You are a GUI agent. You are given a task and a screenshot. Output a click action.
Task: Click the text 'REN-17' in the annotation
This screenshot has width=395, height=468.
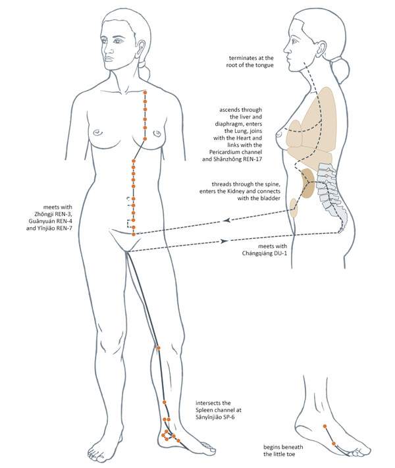tap(253, 159)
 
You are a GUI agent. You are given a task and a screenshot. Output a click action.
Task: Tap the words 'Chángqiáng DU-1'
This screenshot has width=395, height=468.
tap(265, 253)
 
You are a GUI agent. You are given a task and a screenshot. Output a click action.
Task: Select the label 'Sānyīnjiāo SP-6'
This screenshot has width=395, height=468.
tap(215, 417)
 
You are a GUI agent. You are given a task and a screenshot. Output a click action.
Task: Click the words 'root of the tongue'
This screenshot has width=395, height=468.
tap(250, 65)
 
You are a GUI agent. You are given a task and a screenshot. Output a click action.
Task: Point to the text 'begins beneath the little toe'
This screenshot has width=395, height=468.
tap(283, 450)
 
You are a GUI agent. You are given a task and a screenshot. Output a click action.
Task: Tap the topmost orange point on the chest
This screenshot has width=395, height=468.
tap(145, 93)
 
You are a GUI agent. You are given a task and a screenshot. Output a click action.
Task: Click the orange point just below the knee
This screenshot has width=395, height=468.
tap(159, 348)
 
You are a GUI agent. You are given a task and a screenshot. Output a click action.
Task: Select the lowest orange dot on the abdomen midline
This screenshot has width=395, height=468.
tap(134, 234)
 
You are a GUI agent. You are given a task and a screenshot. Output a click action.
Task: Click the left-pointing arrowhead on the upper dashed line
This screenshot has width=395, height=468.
tap(227, 221)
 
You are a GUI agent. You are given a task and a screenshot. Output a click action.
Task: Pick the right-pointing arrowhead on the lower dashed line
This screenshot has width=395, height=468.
tap(224, 241)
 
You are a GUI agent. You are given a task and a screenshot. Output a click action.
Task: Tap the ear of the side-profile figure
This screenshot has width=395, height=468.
tap(321, 49)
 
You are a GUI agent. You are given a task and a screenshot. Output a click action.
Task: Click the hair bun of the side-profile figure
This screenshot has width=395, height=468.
tap(342, 69)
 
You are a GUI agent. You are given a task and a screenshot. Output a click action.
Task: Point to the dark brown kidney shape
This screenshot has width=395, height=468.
tap(307, 183)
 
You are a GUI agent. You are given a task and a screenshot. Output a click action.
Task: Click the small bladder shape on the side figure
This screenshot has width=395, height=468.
tap(294, 208)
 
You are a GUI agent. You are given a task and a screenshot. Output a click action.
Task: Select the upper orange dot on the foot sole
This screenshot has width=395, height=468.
tap(325, 427)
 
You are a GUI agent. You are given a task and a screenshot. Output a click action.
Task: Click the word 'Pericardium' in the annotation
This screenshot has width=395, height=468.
tap(223, 152)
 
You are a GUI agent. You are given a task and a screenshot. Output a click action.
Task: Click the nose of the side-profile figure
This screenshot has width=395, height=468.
tap(286, 48)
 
